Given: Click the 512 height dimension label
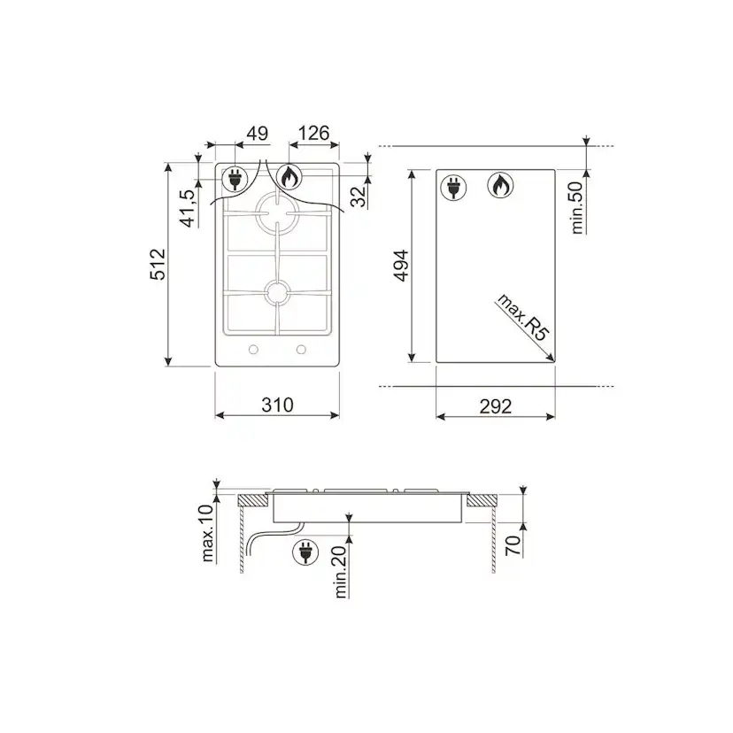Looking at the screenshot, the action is coord(158,265).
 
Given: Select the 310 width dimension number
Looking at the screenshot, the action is coord(277,405).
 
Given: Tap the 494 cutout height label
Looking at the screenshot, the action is coord(401,266).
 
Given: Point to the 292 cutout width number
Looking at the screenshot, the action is coord(496,406).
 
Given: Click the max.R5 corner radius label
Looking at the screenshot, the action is coord(522,317).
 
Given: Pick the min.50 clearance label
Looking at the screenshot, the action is coord(578,207).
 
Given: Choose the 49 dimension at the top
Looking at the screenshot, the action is coord(257,134).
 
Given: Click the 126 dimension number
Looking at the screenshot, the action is coord(313,133).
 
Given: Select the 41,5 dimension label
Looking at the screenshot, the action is coord(188,208).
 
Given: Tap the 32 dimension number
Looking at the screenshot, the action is coord(359,197).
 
